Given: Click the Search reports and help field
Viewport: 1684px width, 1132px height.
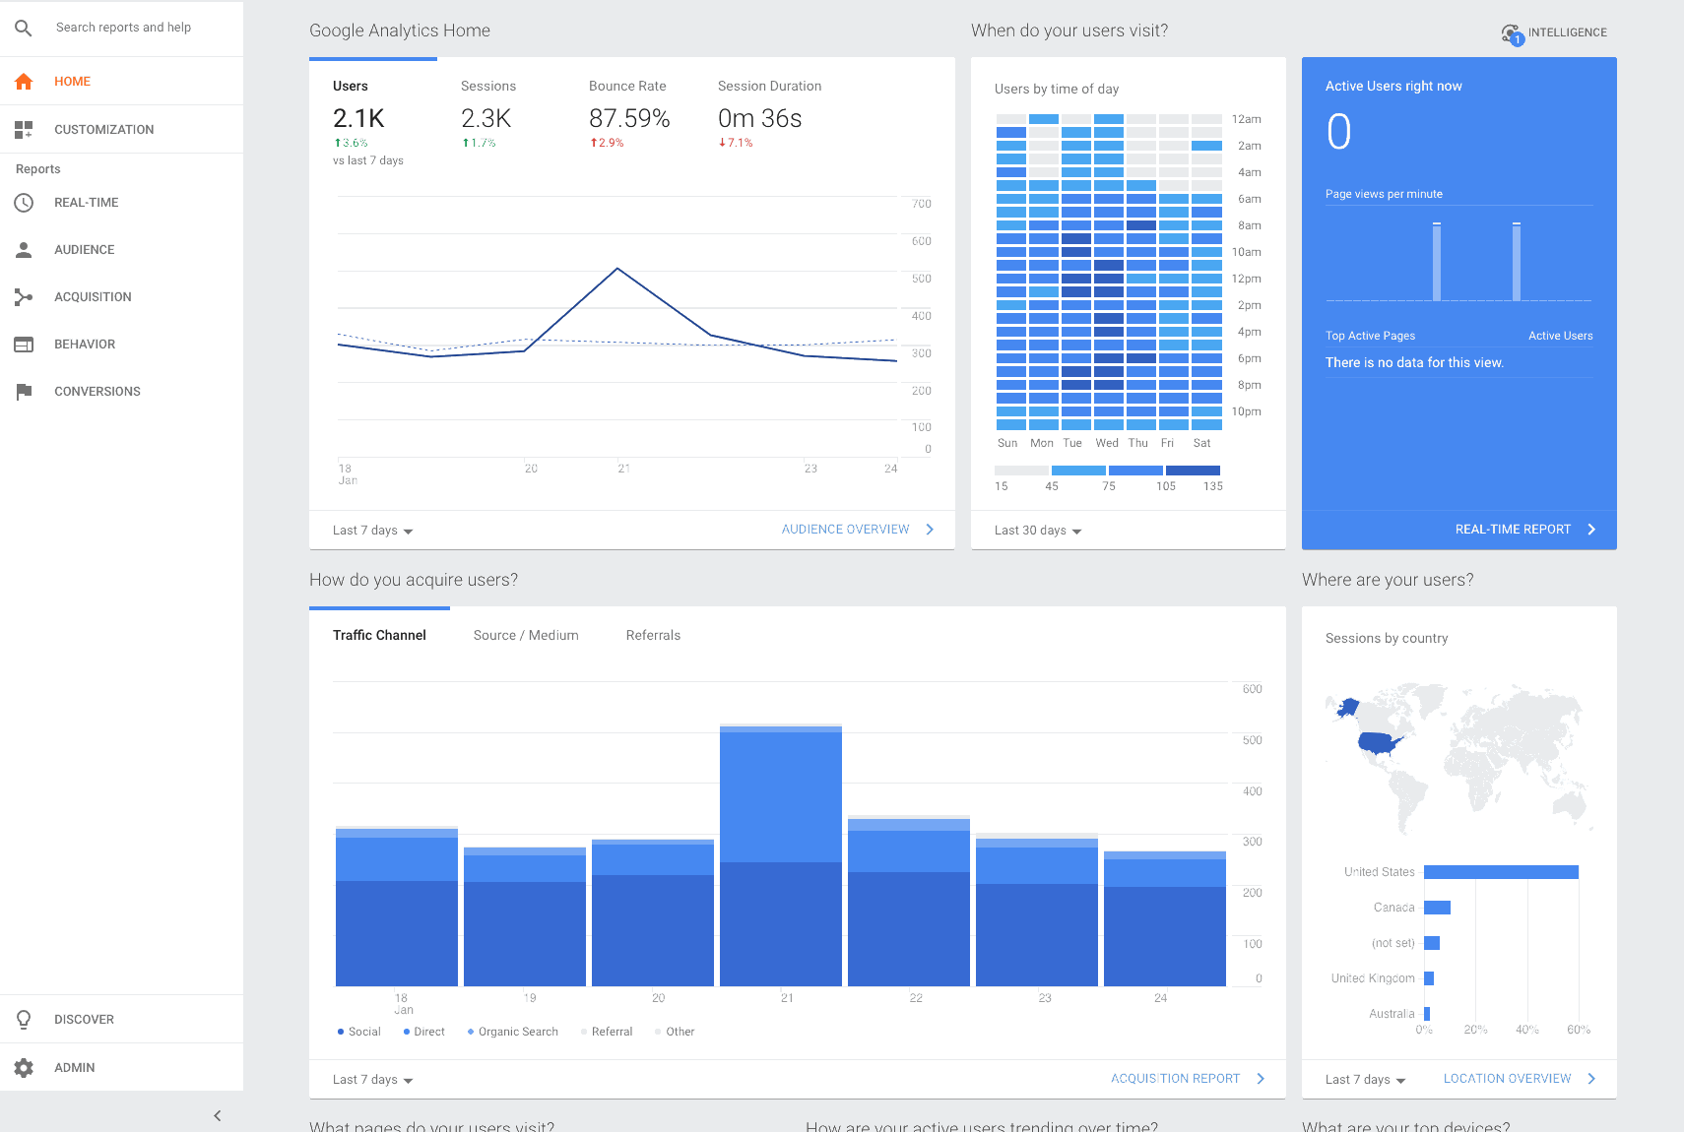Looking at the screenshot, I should (x=123, y=28).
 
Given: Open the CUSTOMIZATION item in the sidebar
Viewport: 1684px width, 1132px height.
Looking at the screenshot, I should (x=103, y=130).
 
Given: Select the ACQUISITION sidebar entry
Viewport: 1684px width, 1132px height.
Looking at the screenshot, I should (x=93, y=297).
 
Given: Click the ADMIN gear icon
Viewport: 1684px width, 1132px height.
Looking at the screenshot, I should (x=25, y=1068).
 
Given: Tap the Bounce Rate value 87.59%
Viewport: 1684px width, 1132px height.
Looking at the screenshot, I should (x=629, y=119).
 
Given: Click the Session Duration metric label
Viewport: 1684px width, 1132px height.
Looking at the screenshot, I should (x=769, y=87).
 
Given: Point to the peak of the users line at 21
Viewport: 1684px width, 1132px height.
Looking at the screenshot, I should (x=617, y=269).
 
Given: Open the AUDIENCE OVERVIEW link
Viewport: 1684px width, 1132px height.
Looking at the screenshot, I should (x=846, y=530).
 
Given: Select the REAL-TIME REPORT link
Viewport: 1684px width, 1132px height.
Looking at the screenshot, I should (x=1513, y=530).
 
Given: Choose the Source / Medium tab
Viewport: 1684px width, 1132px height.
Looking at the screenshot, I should (x=526, y=636).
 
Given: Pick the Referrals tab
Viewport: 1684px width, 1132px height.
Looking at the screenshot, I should (x=653, y=636).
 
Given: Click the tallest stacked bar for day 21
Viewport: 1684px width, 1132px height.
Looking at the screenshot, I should (x=781, y=856).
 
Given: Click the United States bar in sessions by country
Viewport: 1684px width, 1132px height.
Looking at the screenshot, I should (x=1501, y=872).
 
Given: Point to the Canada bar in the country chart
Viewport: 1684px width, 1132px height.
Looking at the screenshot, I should (x=1437, y=908).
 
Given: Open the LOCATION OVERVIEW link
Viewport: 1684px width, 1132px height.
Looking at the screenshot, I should (x=1507, y=1079).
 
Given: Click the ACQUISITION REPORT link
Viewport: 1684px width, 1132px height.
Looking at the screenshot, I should (x=1175, y=1079).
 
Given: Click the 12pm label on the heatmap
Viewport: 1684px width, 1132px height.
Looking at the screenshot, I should (x=1246, y=279).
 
